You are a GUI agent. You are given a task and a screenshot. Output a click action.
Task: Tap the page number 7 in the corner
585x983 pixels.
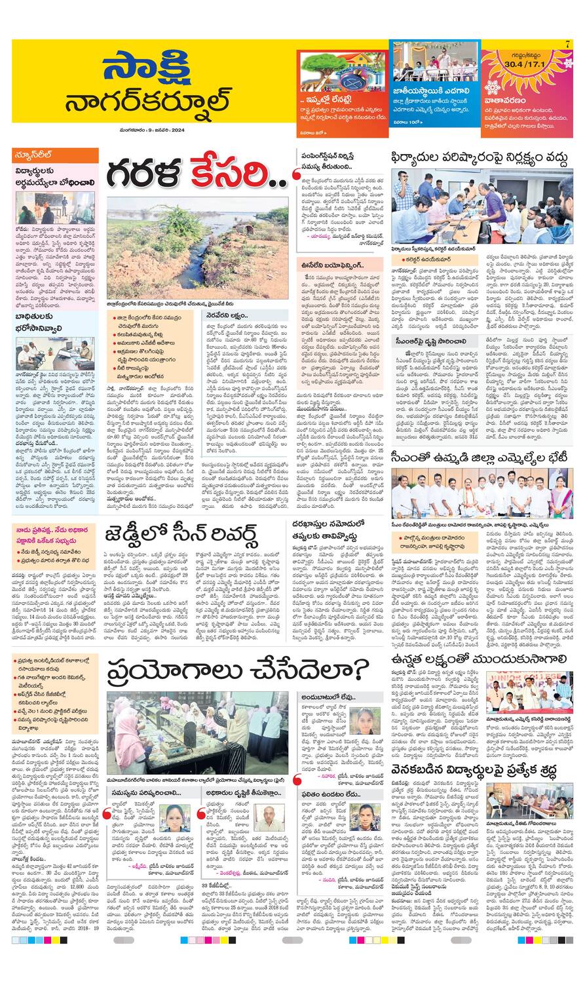click(567, 43)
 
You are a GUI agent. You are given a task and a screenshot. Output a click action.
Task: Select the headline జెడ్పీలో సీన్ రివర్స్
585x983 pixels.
click(181, 535)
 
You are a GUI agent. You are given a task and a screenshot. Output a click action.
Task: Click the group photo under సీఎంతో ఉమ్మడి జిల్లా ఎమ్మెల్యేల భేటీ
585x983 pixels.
click(481, 493)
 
